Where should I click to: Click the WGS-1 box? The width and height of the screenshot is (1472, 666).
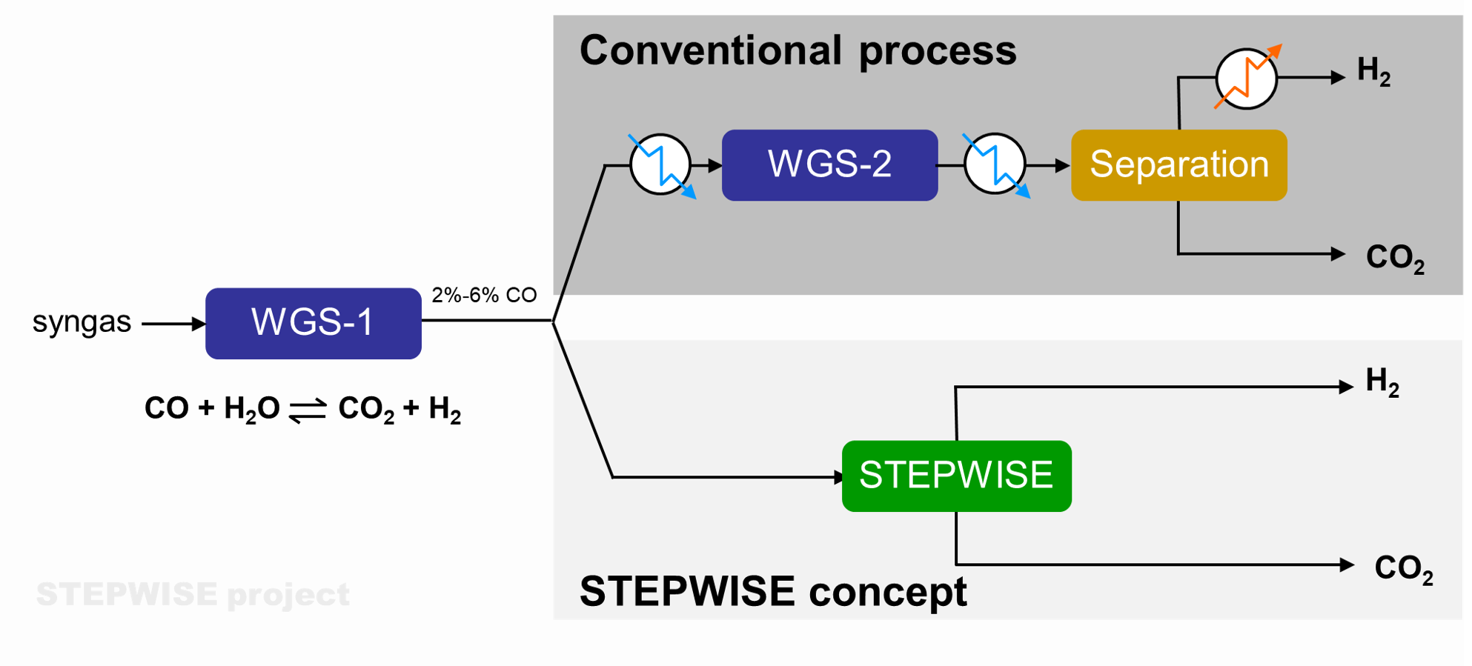[313, 323]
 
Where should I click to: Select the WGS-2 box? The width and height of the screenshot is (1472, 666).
[829, 164]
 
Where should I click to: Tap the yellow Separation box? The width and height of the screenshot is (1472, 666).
[1178, 164]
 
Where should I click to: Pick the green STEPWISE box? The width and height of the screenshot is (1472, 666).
[956, 476]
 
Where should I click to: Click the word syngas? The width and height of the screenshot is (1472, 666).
[82, 322]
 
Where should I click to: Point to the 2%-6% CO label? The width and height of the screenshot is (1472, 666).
[484, 295]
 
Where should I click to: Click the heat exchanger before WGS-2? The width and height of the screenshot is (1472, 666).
[660, 164]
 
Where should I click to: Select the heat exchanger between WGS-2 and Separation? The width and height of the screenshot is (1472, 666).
[995, 164]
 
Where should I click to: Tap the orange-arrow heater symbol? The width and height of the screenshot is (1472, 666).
[1247, 78]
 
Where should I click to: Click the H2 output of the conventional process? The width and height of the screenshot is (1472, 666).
[1373, 71]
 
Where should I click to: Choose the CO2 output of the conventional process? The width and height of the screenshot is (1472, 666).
[1394, 258]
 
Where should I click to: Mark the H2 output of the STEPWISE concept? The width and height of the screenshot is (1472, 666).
[1382, 382]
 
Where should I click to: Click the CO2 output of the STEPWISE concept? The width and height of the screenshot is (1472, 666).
[1403, 569]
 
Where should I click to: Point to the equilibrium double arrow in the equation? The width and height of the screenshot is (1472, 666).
[308, 410]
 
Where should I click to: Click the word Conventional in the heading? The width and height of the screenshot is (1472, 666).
[710, 50]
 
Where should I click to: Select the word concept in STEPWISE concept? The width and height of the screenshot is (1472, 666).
[887, 591]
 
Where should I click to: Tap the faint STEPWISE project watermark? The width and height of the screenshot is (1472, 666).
[193, 594]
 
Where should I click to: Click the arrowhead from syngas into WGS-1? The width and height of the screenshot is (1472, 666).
[198, 324]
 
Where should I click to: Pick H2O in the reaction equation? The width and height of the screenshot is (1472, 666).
[251, 409]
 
